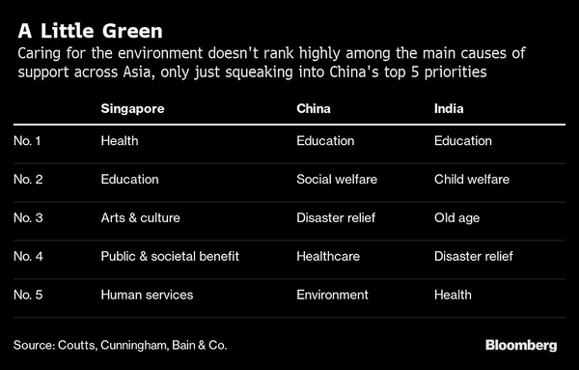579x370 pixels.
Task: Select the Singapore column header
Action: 132,109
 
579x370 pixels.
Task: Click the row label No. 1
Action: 30,141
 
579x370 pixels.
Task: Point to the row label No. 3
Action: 30,217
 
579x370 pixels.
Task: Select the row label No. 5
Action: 30,295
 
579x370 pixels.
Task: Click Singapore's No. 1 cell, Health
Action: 120,141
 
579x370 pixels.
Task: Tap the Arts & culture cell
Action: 140,217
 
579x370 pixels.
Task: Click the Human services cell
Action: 147,295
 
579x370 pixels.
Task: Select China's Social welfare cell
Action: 336,179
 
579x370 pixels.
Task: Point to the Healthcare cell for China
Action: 327,256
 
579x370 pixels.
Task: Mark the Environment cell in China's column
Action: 331,295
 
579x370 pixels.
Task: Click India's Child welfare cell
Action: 472,179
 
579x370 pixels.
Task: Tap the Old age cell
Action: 456,217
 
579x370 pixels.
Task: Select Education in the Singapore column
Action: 129,179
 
